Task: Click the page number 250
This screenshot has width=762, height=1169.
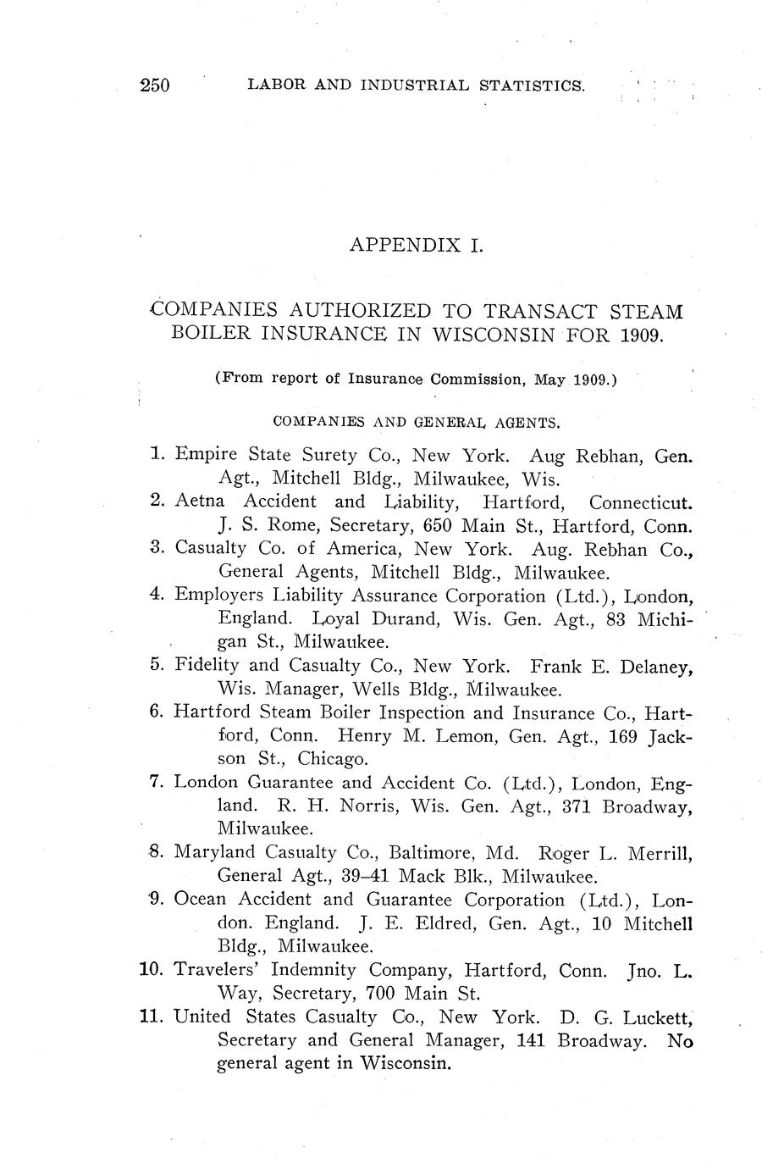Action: point(156,85)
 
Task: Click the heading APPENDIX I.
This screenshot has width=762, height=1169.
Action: point(415,245)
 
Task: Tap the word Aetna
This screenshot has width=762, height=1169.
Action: point(199,501)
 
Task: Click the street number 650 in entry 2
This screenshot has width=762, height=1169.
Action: point(439,525)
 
